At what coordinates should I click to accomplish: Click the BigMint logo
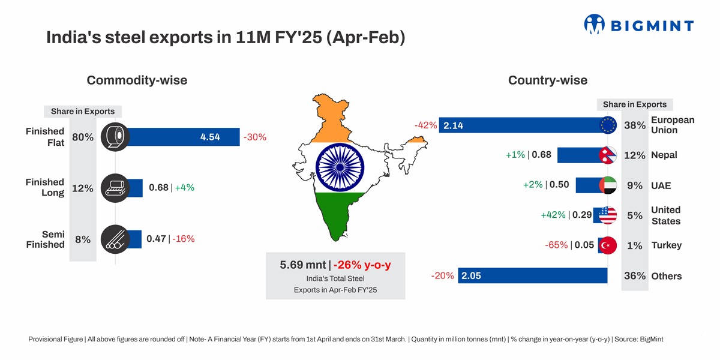click(x=638, y=25)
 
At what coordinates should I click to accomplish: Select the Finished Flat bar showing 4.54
click(x=180, y=137)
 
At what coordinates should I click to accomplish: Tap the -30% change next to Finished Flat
click(x=254, y=137)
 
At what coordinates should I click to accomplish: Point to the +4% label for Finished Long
click(x=184, y=188)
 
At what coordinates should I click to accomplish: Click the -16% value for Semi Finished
click(x=183, y=239)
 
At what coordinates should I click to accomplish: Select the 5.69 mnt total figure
click(x=303, y=265)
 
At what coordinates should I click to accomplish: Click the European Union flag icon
click(x=608, y=125)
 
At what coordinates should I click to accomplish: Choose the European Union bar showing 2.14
click(x=522, y=125)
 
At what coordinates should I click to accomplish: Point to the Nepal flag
click(x=608, y=155)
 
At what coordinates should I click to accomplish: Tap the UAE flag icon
click(x=608, y=185)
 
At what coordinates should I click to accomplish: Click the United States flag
click(x=608, y=215)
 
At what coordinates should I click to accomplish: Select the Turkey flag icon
click(x=608, y=245)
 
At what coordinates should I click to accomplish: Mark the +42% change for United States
click(x=553, y=215)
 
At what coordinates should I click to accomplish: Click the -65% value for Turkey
click(x=556, y=245)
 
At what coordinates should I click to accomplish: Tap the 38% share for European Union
click(x=635, y=125)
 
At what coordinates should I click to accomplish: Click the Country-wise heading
click(x=547, y=80)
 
